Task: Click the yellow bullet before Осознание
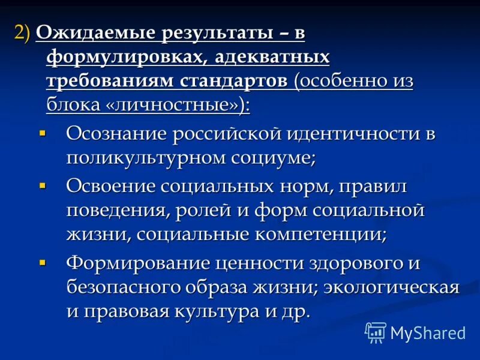click(x=42, y=131)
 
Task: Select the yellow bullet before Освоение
click(x=42, y=185)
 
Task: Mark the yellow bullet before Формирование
click(x=42, y=262)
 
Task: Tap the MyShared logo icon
click(x=376, y=332)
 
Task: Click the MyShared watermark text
click(x=428, y=332)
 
